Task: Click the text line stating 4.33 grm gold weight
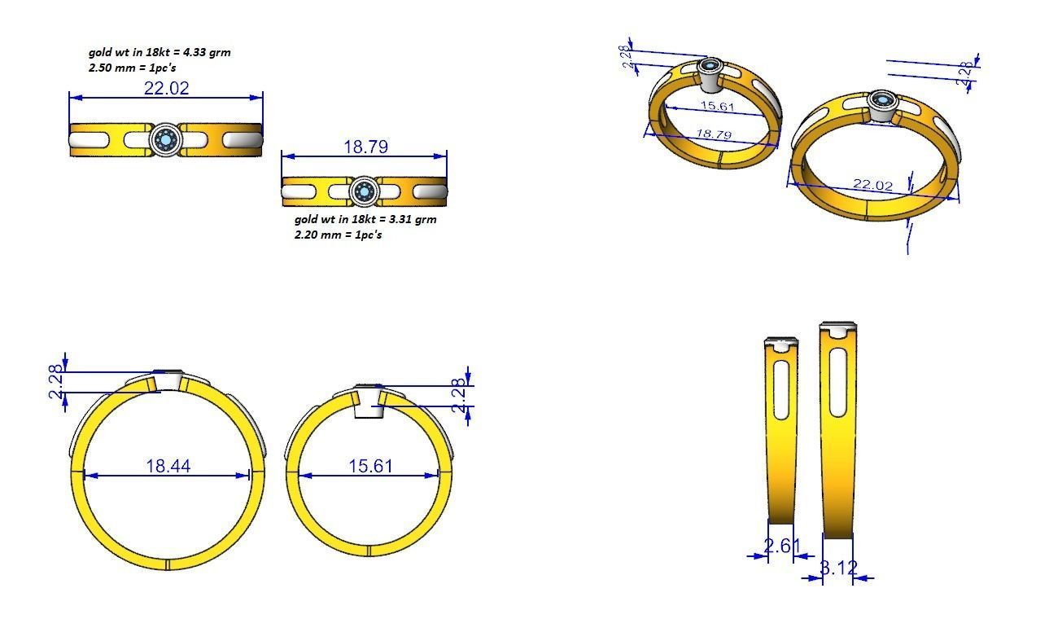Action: click(160, 52)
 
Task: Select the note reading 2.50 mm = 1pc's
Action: click(133, 68)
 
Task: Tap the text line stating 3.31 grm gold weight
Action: click(365, 219)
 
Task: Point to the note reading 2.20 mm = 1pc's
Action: click(338, 235)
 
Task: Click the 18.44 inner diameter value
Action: click(168, 466)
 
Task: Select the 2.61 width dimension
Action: click(778, 546)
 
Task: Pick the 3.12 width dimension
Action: click(838, 568)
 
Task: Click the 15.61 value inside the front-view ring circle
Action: click(370, 466)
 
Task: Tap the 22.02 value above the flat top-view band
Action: click(166, 88)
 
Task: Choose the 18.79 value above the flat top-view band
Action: click(365, 147)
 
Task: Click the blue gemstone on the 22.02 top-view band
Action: click(166, 140)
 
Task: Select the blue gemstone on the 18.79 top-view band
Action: click(364, 192)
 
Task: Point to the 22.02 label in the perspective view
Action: click(872, 185)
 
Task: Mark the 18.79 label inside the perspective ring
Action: click(714, 134)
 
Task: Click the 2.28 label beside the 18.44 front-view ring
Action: click(56, 381)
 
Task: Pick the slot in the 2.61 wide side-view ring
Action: click(780, 389)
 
